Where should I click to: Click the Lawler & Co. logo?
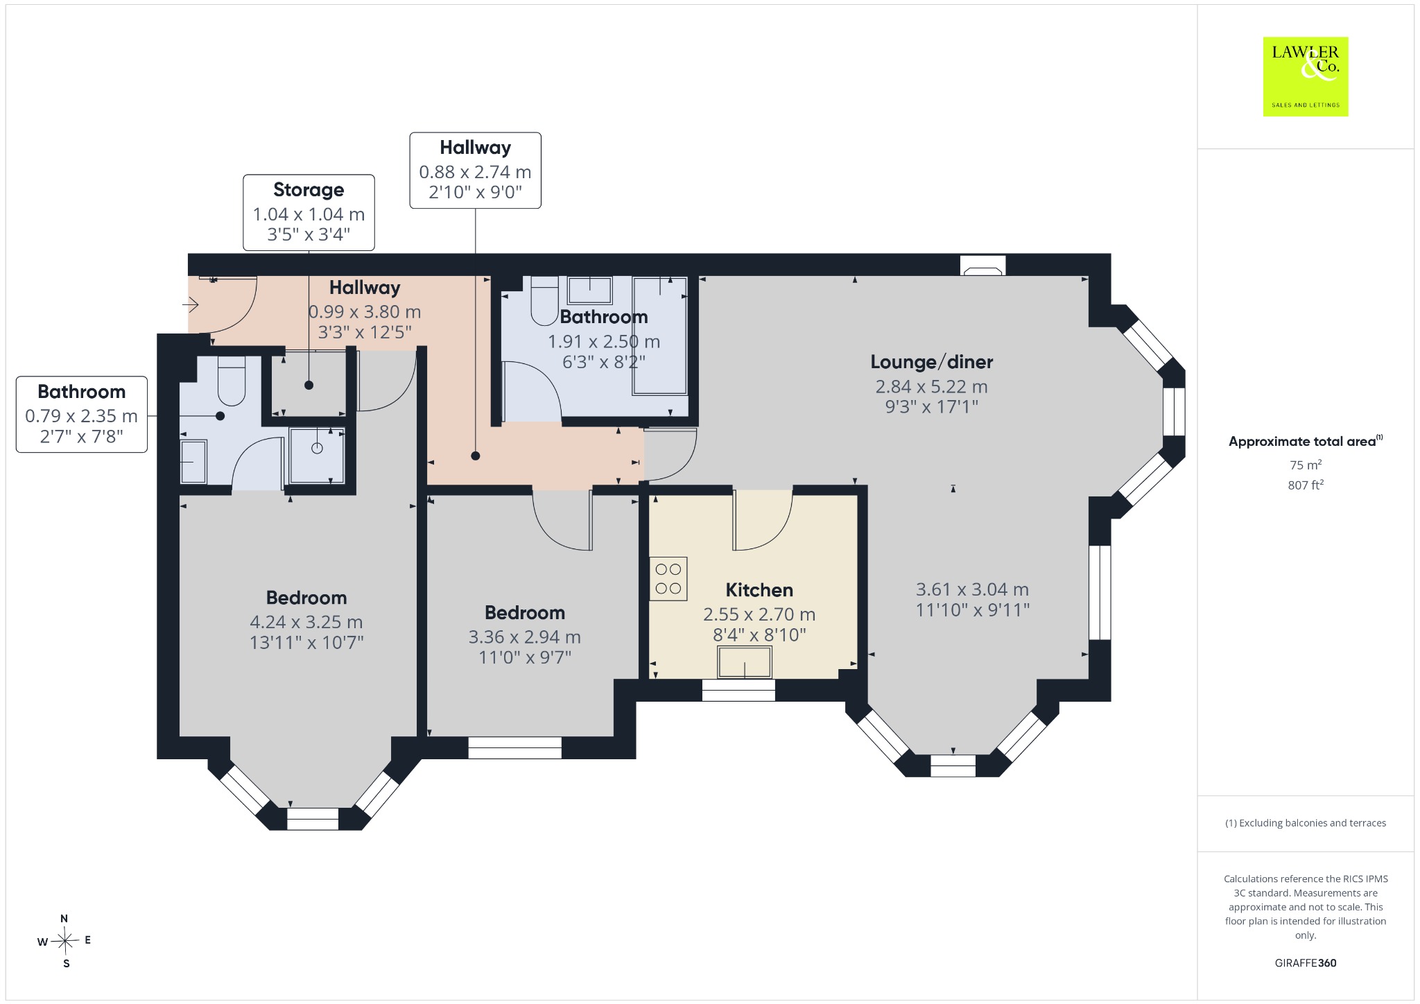[1306, 76]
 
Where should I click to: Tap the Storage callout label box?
[309, 212]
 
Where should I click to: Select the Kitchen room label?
[759, 590]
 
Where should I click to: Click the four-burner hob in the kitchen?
[668, 578]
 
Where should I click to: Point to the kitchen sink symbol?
[745, 662]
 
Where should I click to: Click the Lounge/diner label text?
[932, 362]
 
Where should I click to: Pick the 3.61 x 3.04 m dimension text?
[972, 589]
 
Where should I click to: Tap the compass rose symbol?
[65, 941]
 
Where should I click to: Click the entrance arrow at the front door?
[191, 304]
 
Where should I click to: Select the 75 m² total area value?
[1306, 465]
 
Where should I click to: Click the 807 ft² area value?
[1306, 485]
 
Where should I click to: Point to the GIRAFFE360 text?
[1306, 962]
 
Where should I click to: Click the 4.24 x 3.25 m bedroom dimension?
[306, 622]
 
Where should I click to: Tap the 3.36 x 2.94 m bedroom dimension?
[525, 637]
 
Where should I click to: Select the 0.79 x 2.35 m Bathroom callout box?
[82, 415]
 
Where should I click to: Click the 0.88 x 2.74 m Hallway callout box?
[475, 171]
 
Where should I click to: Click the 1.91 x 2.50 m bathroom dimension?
[604, 341]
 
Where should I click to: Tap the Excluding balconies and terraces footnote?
[1306, 823]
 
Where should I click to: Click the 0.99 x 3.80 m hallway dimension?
[365, 312]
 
